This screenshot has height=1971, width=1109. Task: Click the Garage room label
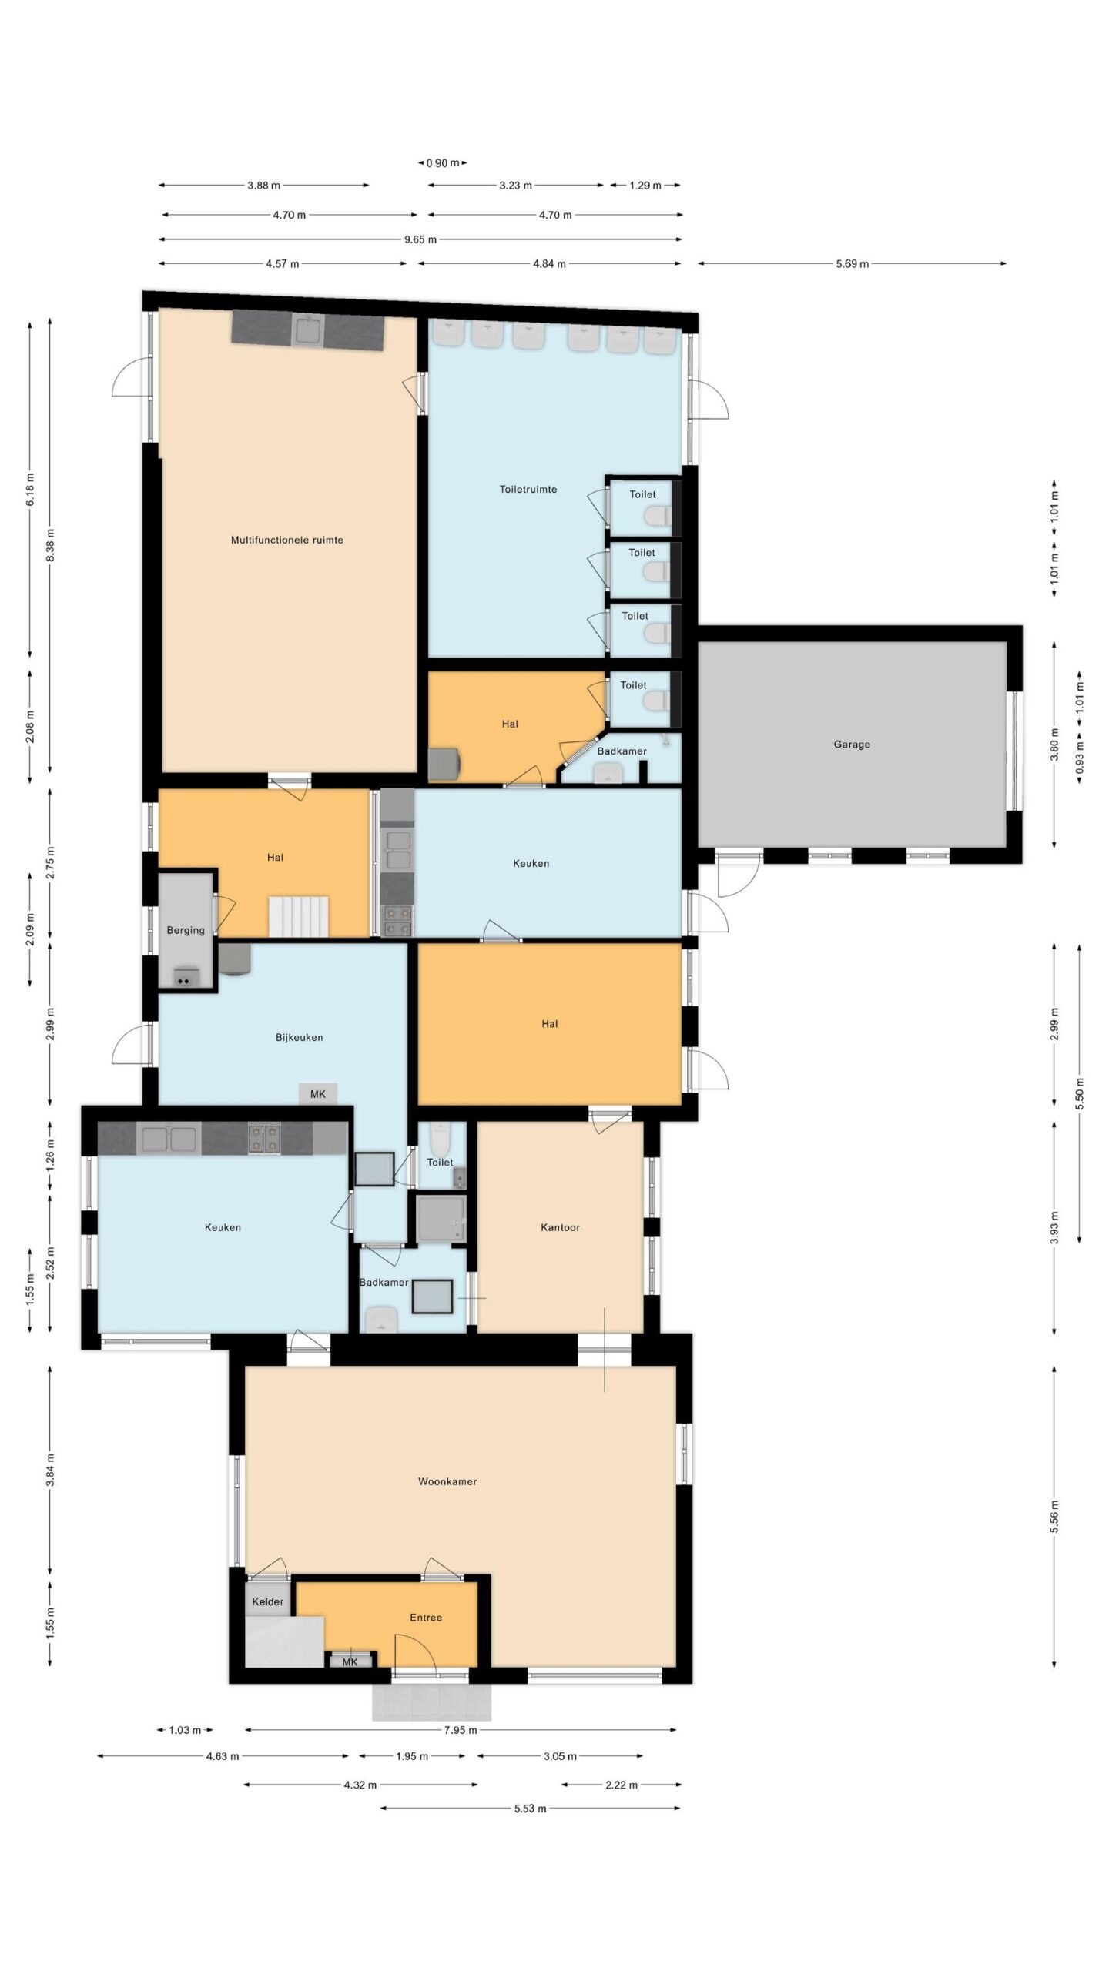click(851, 745)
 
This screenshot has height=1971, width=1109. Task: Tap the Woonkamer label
click(447, 1481)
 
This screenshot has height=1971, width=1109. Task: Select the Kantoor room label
click(560, 1227)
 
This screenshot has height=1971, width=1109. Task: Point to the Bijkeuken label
click(299, 1037)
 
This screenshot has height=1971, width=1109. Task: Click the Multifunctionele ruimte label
click(287, 540)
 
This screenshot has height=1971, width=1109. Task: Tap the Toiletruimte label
click(528, 489)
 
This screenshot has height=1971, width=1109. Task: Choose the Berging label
click(186, 930)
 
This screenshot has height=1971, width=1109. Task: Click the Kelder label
click(267, 1601)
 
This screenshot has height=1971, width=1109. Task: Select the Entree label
click(426, 1618)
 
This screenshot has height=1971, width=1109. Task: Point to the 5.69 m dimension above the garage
click(852, 264)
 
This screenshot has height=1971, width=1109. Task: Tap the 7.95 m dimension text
click(460, 1730)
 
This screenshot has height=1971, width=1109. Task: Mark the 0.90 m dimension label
click(443, 163)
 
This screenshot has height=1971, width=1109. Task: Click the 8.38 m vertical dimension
click(51, 544)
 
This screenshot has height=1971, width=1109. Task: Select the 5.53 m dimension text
click(530, 1809)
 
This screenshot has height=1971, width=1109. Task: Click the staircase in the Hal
click(298, 916)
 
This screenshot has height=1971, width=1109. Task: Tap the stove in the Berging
click(183, 977)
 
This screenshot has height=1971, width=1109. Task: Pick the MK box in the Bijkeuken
click(318, 1094)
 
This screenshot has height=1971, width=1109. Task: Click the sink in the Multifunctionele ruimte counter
click(307, 331)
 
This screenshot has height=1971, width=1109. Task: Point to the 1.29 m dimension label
click(645, 186)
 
